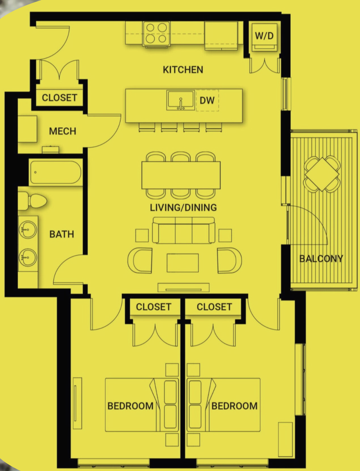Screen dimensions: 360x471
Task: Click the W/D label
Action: coord(264,36)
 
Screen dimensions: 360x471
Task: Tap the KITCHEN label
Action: coord(183,70)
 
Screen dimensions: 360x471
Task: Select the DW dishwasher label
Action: coord(207,100)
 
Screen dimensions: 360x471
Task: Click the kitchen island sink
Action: coord(181,100)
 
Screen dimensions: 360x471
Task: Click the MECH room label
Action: coord(62,131)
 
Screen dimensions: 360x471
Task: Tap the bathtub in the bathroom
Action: coord(56,172)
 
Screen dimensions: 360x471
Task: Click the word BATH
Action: coord(62,234)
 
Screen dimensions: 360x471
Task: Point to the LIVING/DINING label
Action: coord(183,207)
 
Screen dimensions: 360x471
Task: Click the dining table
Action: coord(181,175)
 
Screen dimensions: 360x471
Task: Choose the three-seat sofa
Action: coord(184,230)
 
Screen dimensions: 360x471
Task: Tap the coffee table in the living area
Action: coord(183,263)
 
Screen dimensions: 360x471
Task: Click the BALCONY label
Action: coord(321,259)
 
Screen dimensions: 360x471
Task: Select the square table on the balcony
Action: coord(322,174)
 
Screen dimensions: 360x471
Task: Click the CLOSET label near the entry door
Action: coord(60,98)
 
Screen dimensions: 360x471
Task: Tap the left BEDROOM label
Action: coord(130,406)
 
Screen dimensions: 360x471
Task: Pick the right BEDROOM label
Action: coord(234,406)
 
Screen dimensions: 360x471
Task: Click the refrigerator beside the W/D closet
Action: coord(221,36)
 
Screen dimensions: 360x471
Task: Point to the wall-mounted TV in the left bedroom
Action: coord(77,403)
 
